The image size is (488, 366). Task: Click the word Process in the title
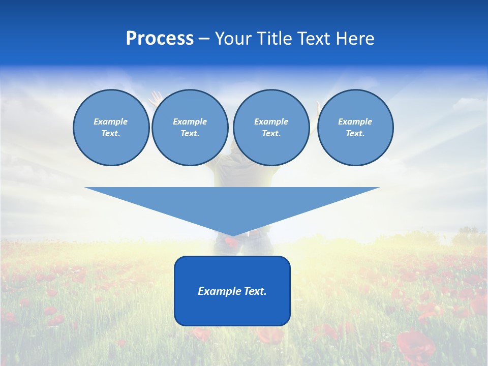click(x=160, y=39)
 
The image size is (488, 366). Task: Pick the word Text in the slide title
click(x=315, y=39)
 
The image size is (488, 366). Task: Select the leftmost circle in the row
click(x=111, y=128)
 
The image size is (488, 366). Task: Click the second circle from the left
click(x=190, y=128)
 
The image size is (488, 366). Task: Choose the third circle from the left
click(x=271, y=128)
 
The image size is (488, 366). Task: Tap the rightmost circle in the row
click(x=355, y=128)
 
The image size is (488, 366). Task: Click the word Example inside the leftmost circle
click(x=111, y=121)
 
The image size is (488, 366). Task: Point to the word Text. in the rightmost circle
click(x=355, y=134)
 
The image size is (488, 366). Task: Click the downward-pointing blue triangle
click(x=232, y=203)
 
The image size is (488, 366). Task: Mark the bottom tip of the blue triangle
click(x=232, y=235)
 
